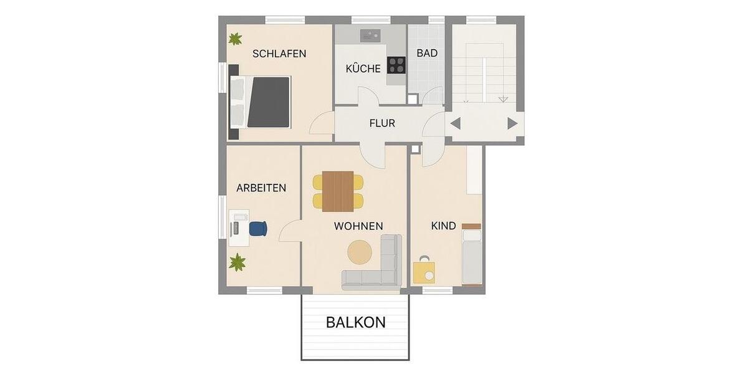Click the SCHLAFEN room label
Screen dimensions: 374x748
click(279, 54)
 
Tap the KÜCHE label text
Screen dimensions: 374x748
click(363, 69)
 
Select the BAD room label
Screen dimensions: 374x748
click(427, 53)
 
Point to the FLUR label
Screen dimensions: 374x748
click(382, 123)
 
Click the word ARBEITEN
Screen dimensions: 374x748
click(261, 188)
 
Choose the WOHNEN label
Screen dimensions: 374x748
click(358, 226)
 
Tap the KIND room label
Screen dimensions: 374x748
click(443, 226)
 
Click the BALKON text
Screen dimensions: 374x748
click(356, 322)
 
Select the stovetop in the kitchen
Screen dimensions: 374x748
click(396, 64)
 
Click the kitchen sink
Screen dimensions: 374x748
click(371, 34)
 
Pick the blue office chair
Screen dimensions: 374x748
click(258, 228)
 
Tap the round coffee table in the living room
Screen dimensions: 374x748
click(360, 252)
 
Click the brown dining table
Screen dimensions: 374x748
click(338, 191)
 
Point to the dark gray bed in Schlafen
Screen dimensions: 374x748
click(268, 101)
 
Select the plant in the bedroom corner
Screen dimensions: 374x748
click(235, 39)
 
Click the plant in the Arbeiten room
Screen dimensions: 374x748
click(237, 263)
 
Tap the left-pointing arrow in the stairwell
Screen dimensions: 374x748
click(455, 123)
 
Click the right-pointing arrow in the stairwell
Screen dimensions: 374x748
click(512, 123)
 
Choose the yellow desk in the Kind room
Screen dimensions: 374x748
click(424, 272)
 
